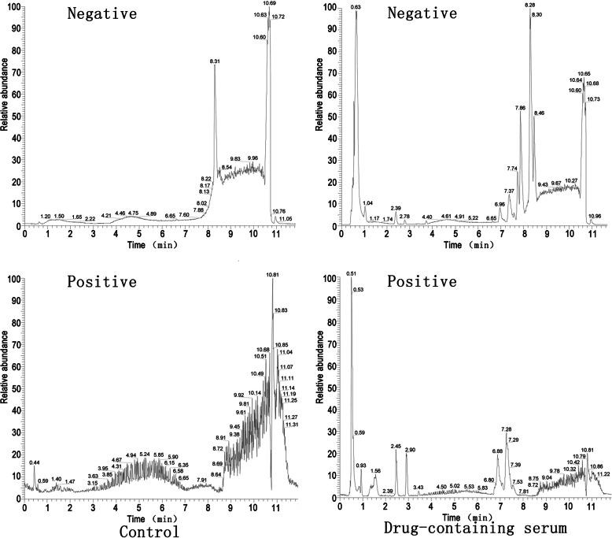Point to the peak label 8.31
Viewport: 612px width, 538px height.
click(x=215, y=61)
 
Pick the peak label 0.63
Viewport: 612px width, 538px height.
click(x=356, y=7)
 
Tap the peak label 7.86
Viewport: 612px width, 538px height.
click(x=520, y=108)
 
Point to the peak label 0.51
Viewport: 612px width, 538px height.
click(x=351, y=273)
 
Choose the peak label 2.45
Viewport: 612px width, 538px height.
click(x=396, y=445)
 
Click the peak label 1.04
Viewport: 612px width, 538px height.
click(x=368, y=203)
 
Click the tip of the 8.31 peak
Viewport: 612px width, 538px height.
click(x=215, y=65)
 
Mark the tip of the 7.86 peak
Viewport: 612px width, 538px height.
click(x=520, y=113)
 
